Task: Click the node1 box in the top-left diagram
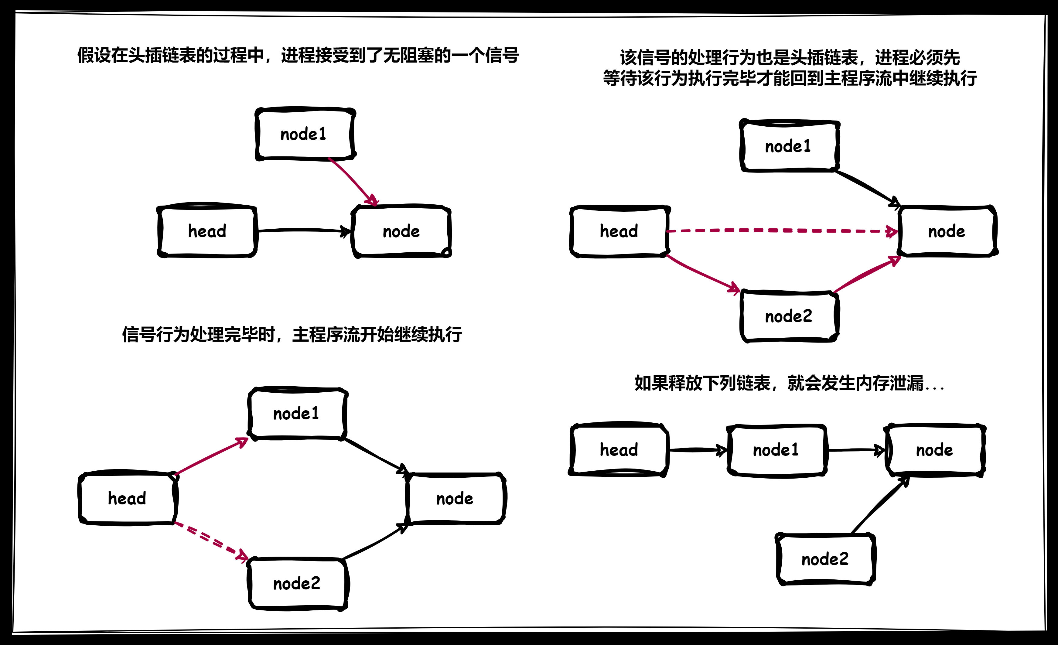305,134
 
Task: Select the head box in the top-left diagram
207,231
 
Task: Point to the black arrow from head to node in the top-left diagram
303,230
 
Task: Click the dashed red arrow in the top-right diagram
781,230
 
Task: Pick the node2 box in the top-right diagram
789,316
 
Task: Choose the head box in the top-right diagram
619,231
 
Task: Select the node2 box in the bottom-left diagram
297,583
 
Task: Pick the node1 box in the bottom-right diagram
776,450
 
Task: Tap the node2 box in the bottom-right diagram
825,559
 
